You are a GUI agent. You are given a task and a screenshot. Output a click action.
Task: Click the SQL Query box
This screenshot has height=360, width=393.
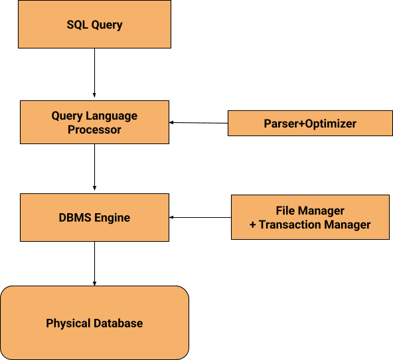pos(94,24)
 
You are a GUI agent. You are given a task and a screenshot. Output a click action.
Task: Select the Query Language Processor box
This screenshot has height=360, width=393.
pos(94,122)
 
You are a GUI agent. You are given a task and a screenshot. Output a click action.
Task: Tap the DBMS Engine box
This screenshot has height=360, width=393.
pos(94,217)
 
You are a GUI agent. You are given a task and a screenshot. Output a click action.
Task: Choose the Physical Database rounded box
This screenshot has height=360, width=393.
pos(94,323)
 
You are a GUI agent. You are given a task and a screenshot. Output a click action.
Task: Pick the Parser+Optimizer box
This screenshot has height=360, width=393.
pos(310,124)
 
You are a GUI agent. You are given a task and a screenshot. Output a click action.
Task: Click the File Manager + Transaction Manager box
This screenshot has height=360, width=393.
pos(310,217)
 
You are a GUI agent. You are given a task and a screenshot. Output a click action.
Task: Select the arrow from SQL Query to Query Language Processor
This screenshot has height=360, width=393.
pos(94,72)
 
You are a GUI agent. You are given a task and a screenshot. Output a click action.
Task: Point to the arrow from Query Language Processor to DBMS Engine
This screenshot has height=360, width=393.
pos(94,167)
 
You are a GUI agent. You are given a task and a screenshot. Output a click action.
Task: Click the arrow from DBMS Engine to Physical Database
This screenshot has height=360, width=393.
pos(94,264)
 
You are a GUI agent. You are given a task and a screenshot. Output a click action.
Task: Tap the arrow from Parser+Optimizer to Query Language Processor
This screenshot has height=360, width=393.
pos(198,123)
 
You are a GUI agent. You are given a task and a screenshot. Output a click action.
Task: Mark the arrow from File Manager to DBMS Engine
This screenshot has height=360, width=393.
pos(200,217)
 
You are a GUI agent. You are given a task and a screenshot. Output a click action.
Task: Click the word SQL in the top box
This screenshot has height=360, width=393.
pos(77,25)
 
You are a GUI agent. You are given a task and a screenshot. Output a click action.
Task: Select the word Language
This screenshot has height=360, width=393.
pos(112,116)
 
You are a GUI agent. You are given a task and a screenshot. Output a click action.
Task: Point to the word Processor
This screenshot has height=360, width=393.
pos(94,130)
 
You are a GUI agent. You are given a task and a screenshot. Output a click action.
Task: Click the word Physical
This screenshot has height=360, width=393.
pos(68,323)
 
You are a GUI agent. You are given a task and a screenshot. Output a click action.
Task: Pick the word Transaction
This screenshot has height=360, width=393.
pos(289,225)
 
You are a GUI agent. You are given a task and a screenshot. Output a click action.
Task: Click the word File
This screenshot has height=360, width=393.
pos(285,211)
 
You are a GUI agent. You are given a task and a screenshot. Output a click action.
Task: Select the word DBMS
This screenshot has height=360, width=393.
pos(75,218)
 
